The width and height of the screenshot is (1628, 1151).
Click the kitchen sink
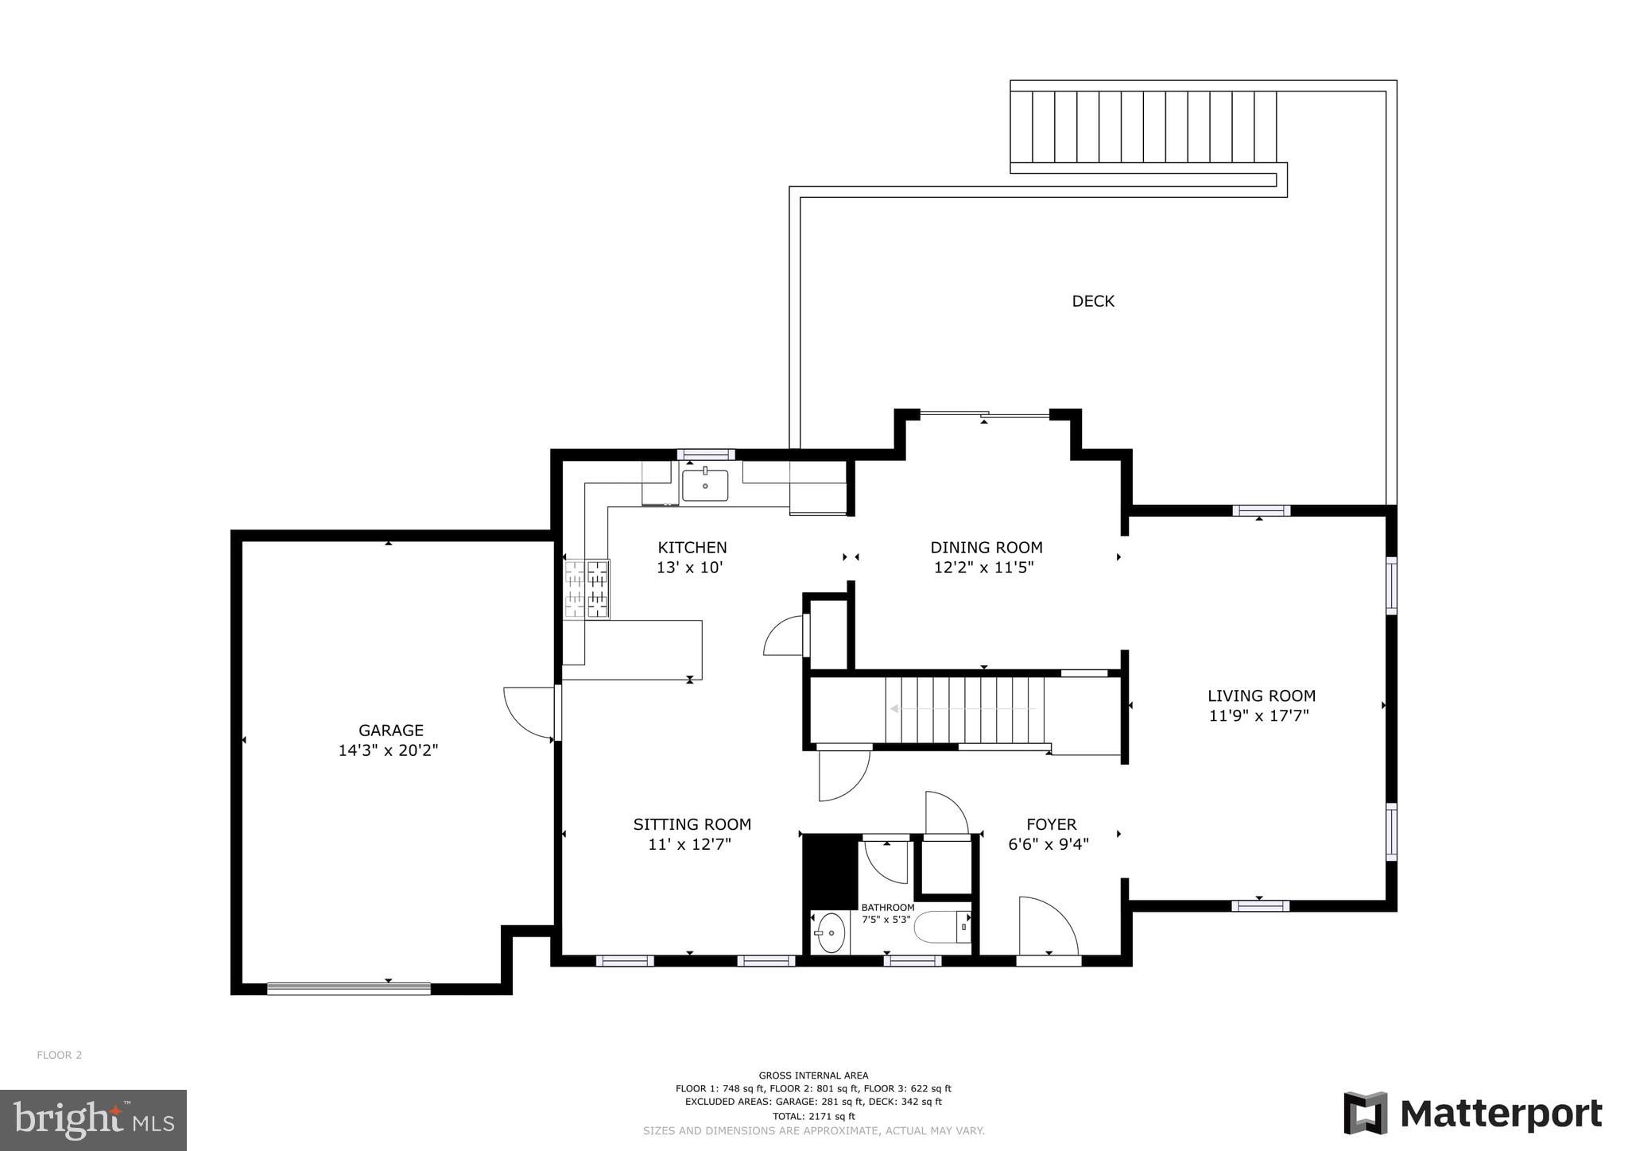click(705, 485)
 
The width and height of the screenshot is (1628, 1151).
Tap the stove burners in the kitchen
click(587, 588)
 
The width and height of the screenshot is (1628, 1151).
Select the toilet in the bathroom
click(942, 927)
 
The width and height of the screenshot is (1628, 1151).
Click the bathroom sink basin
click(831, 932)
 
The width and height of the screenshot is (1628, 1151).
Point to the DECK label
click(1093, 301)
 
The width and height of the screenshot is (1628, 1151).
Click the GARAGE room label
click(390, 730)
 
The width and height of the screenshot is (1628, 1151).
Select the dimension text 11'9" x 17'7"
click(1258, 715)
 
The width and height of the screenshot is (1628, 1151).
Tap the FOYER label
click(1051, 824)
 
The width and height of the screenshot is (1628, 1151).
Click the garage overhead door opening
click(348, 989)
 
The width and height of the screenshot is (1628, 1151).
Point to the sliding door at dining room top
click(984, 414)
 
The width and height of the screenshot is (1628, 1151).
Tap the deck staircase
click(1143, 127)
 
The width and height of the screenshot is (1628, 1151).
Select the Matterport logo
click(1472, 1114)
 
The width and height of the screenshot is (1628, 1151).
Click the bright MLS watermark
click(93, 1120)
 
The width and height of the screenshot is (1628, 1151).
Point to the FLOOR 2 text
click(59, 1055)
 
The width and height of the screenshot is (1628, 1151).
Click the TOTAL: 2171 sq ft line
click(813, 1116)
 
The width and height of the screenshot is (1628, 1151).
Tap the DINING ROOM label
click(986, 547)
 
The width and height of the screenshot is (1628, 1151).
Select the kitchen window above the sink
click(705, 455)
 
